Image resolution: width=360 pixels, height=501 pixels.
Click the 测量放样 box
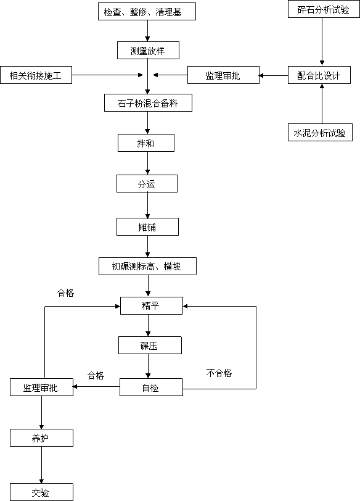(148, 50)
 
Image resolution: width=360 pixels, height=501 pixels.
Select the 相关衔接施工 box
(36, 75)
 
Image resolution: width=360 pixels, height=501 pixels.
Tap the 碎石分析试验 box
(324, 9)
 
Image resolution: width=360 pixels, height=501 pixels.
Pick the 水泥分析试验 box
(320, 132)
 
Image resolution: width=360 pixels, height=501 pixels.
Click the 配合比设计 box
(319, 75)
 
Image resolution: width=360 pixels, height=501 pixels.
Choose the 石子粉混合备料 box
(148, 102)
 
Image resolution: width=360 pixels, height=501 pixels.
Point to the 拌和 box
(146, 143)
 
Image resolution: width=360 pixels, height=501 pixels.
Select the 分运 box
(147, 183)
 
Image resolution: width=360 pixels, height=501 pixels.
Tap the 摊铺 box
(147, 227)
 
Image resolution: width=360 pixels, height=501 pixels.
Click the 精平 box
(152, 306)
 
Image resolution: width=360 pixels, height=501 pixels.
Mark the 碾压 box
(150, 345)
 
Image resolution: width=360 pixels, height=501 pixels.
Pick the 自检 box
(151, 387)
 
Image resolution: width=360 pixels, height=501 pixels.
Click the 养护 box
(41, 437)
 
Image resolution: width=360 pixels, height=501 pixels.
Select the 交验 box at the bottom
(41, 492)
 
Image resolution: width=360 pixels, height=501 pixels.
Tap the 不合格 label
(219, 373)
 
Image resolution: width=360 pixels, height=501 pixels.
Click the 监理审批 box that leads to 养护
(41, 387)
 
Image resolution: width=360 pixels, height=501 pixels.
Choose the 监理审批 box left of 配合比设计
(223, 75)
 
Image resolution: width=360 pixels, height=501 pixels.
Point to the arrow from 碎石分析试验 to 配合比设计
(322, 41)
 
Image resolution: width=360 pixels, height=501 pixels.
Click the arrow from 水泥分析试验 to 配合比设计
(322, 104)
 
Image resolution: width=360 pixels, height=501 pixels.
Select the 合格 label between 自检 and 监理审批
(96, 375)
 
